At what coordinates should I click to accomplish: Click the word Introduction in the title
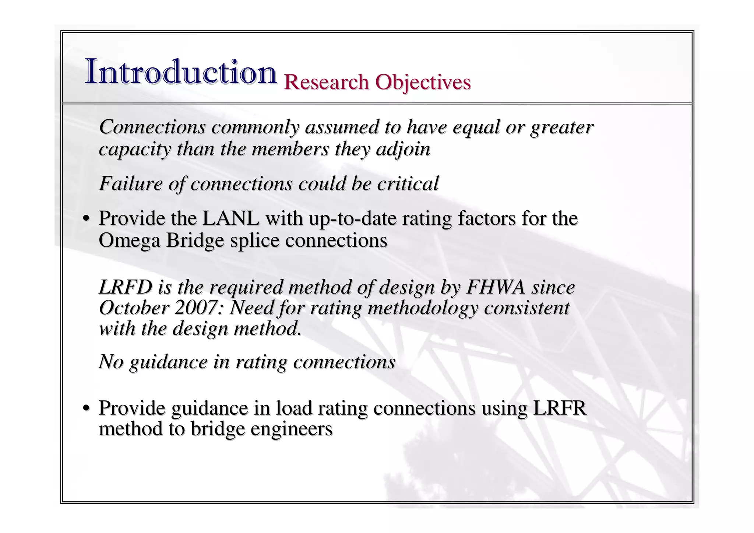click(180, 72)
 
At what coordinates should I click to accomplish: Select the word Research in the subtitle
click(326, 82)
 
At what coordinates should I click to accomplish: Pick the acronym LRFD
click(126, 287)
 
